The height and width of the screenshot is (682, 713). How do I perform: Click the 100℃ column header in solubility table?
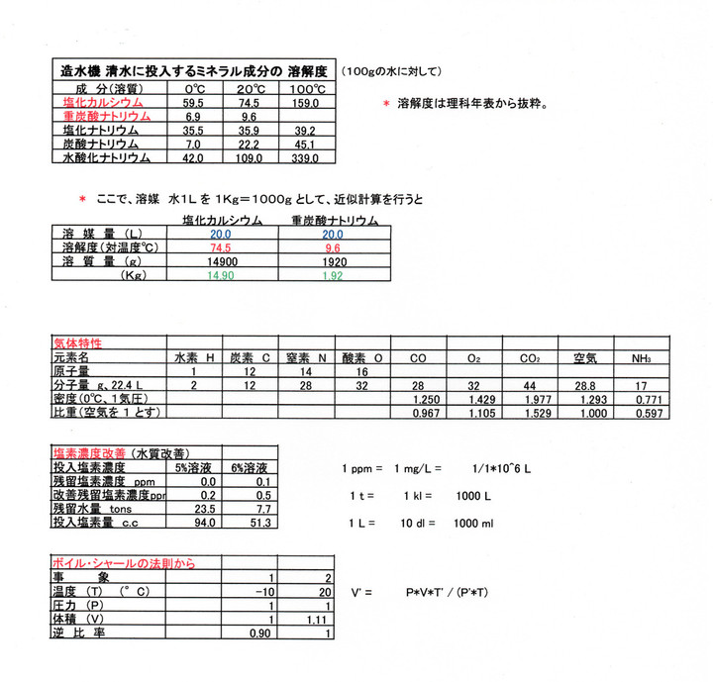point(303,88)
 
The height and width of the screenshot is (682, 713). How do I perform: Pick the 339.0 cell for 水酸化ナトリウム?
point(303,157)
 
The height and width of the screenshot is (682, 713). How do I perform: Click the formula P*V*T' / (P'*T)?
point(450,592)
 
